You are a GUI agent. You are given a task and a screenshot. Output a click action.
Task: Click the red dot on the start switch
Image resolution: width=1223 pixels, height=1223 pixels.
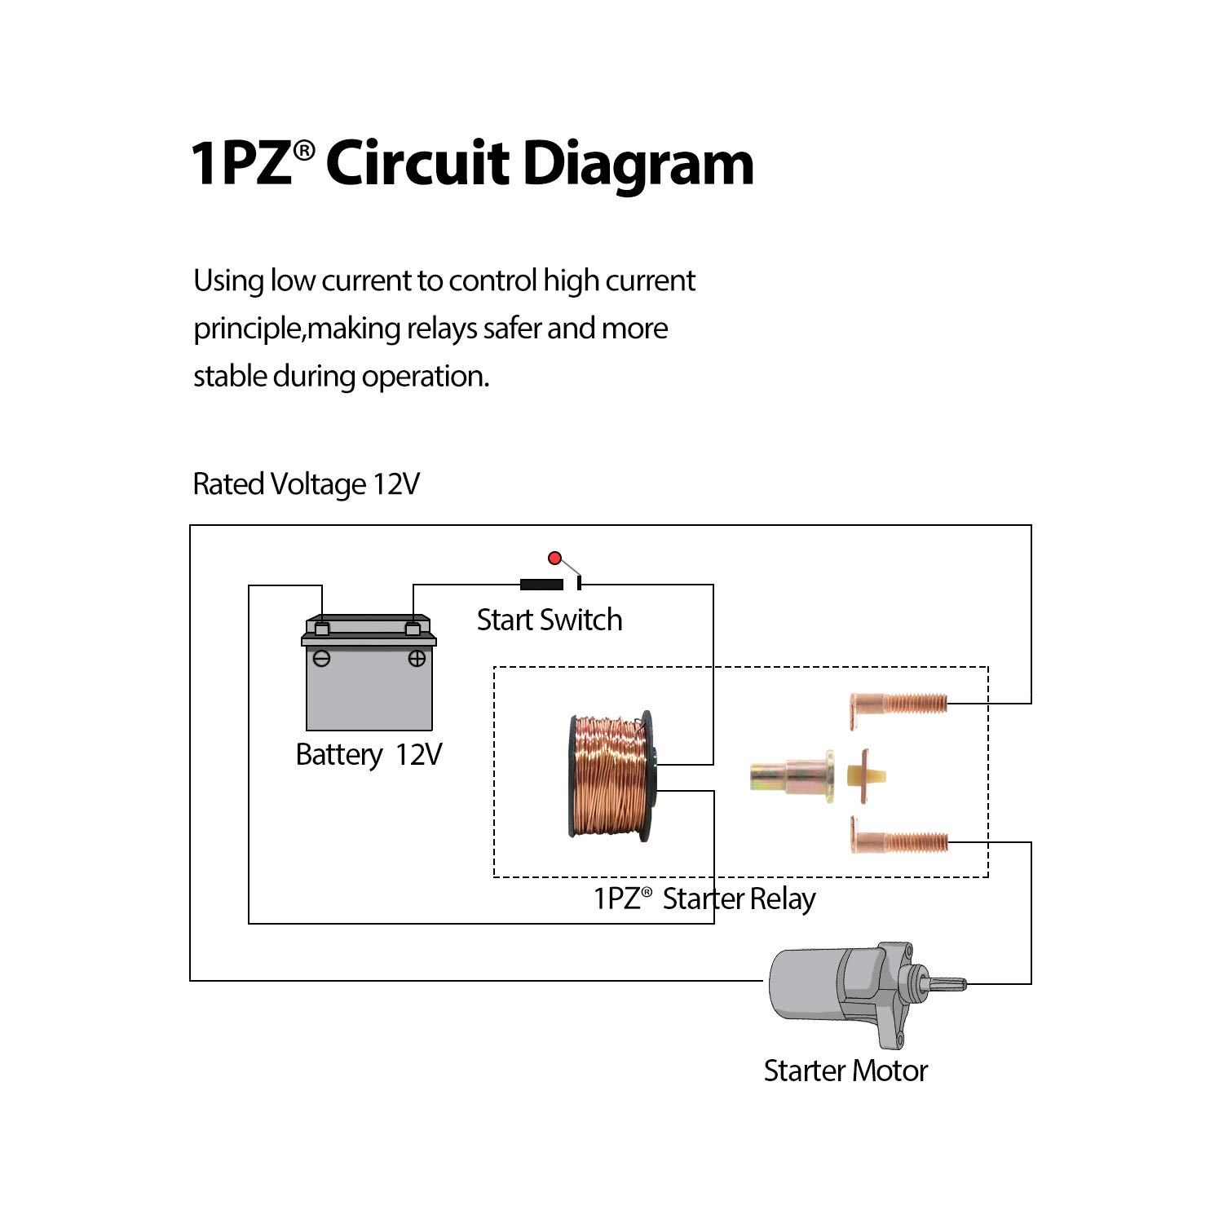click(555, 559)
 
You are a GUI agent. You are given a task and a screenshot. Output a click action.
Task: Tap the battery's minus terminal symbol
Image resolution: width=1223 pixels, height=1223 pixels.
click(322, 659)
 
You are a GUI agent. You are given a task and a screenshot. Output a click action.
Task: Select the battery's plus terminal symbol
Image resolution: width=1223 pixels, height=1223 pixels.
click(417, 659)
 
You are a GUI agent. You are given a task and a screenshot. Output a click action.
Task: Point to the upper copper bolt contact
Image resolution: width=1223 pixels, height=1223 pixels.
click(898, 702)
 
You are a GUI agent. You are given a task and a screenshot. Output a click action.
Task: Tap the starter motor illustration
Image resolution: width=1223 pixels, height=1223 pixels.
click(848, 991)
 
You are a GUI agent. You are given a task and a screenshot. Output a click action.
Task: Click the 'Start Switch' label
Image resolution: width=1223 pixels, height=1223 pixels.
click(550, 620)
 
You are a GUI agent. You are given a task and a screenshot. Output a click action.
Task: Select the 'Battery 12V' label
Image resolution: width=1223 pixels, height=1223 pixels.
click(369, 755)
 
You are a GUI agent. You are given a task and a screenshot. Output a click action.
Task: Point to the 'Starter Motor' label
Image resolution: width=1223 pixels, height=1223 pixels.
click(846, 1071)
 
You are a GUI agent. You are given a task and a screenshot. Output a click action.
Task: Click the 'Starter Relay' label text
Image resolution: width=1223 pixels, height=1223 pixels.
click(738, 898)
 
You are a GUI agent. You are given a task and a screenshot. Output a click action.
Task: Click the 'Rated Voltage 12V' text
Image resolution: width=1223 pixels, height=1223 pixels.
click(306, 484)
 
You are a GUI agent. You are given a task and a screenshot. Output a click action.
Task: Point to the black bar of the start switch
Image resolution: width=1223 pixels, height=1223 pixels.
click(541, 584)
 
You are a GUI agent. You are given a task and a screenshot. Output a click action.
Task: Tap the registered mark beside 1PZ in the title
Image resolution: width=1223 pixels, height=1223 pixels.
click(304, 150)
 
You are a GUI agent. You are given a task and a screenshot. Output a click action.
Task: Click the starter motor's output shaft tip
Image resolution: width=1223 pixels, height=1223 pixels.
click(959, 984)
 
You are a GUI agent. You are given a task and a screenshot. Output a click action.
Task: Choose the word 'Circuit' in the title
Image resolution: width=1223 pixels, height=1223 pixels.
click(417, 164)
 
